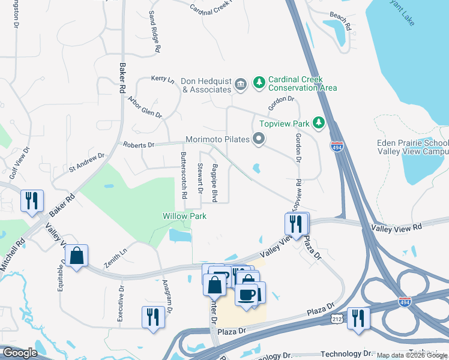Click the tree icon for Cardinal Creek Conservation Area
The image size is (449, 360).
[x=259, y=82]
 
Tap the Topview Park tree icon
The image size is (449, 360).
[x=319, y=124]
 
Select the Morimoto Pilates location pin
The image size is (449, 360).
[x=259, y=139]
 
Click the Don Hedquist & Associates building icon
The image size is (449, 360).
[x=241, y=83]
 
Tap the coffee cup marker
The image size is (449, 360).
[x=247, y=294]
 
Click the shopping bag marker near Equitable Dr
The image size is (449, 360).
[x=76, y=256]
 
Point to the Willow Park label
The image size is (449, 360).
[x=184, y=216]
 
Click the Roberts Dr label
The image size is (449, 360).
[x=139, y=145]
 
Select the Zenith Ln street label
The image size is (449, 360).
[x=115, y=258]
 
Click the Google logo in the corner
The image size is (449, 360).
[x=19, y=353]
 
